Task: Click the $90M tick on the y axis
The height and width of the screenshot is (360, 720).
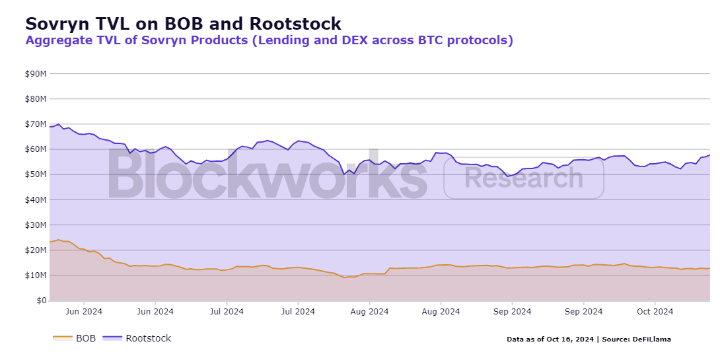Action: pyautogui.click(x=36, y=73)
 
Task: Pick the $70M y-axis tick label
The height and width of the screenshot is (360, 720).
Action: pyautogui.click(x=36, y=124)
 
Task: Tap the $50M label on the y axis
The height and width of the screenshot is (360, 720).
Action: pyautogui.click(x=36, y=174)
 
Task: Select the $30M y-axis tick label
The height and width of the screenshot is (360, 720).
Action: pyautogui.click(x=36, y=225)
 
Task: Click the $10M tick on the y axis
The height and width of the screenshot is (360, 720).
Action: pyautogui.click(x=36, y=275)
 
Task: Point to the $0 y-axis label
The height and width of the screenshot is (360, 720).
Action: pyautogui.click(x=42, y=301)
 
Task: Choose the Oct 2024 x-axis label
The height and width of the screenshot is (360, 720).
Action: pyautogui.click(x=655, y=312)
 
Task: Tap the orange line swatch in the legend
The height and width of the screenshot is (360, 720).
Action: pyautogui.click(x=63, y=338)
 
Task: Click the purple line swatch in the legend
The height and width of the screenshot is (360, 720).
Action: pyautogui.click(x=112, y=338)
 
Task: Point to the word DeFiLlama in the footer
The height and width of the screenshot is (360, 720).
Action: pyautogui.click(x=651, y=340)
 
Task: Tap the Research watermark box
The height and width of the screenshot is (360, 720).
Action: pyautogui.click(x=523, y=178)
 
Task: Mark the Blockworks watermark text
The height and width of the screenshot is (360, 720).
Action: pyautogui.click(x=268, y=174)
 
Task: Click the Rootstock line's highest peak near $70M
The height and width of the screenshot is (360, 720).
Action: pyautogui.click(x=58, y=124)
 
